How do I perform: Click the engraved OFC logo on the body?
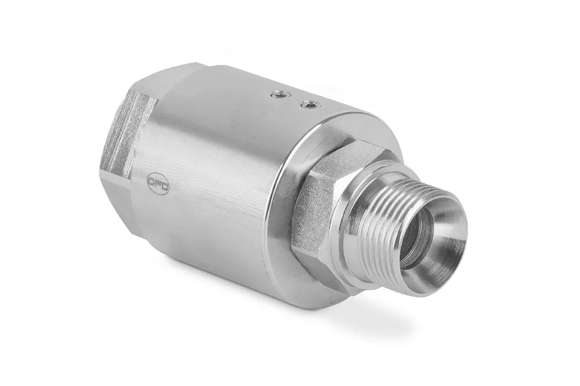pyautogui.click(x=157, y=184)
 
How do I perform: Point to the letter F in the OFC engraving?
pyautogui.click(x=157, y=184)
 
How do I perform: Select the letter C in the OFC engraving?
pyautogui.click(x=163, y=187)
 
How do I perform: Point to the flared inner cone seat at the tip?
pyautogui.click(x=444, y=243)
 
